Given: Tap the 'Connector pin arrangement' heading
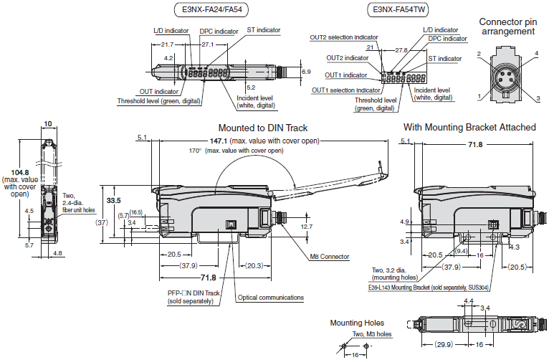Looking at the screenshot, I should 507,27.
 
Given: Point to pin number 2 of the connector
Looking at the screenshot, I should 479,54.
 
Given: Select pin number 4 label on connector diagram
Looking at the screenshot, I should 536,54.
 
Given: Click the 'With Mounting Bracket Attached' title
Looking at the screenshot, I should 469,127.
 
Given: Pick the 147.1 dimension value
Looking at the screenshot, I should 183,141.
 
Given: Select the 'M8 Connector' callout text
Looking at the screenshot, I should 330,257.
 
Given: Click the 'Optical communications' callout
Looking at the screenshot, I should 270,298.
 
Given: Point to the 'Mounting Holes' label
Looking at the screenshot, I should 356,323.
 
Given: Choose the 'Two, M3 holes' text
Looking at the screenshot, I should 371,333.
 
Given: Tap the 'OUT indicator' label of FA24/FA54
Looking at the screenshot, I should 158,92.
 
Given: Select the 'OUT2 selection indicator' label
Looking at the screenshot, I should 343,37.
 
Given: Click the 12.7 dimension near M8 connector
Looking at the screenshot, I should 305,227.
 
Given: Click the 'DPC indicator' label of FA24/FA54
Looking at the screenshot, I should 219,32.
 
